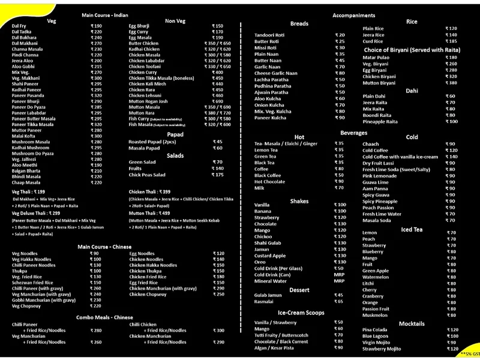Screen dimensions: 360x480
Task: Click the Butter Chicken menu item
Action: pos(143,44)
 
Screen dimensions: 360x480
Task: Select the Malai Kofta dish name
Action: pos(25,136)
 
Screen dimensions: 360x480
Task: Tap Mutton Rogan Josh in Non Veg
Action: pos(148,101)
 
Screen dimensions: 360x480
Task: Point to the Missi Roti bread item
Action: pos(265,47)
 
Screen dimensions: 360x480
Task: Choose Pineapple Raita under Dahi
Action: pos(380,122)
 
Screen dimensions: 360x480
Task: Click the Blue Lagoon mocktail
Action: pos(377,336)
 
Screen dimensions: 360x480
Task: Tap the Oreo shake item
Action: pos(260,262)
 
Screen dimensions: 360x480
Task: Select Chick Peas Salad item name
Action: pos(148,175)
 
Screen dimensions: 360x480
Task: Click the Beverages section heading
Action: pos(353,133)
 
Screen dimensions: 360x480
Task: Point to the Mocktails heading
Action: pos(411,323)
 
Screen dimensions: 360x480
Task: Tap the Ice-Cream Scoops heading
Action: pos(301,313)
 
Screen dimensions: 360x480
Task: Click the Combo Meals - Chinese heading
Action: pos(104,317)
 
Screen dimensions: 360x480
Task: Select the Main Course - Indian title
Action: pos(104,14)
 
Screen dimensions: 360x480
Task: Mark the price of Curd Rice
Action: pos(451,41)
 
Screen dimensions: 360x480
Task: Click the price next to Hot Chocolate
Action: pos(340,181)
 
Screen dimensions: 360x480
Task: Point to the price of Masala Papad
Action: pos(217,148)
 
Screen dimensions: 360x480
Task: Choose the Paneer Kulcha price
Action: pos(340,118)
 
